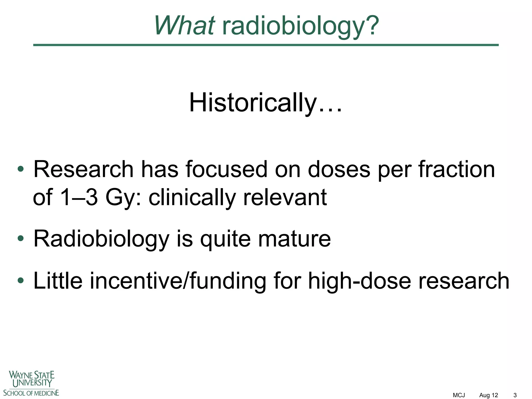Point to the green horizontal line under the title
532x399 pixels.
(266, 45)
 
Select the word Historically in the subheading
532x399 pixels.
(253, 103)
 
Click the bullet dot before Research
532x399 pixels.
(21, 170)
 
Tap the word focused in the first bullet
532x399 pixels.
(226, 169)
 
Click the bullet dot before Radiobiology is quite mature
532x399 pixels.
(21, 238)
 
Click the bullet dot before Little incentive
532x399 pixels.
(21, 281)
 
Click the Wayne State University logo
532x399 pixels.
(31, 383)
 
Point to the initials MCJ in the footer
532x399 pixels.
(459, 395)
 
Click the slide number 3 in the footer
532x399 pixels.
(515, 395)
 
